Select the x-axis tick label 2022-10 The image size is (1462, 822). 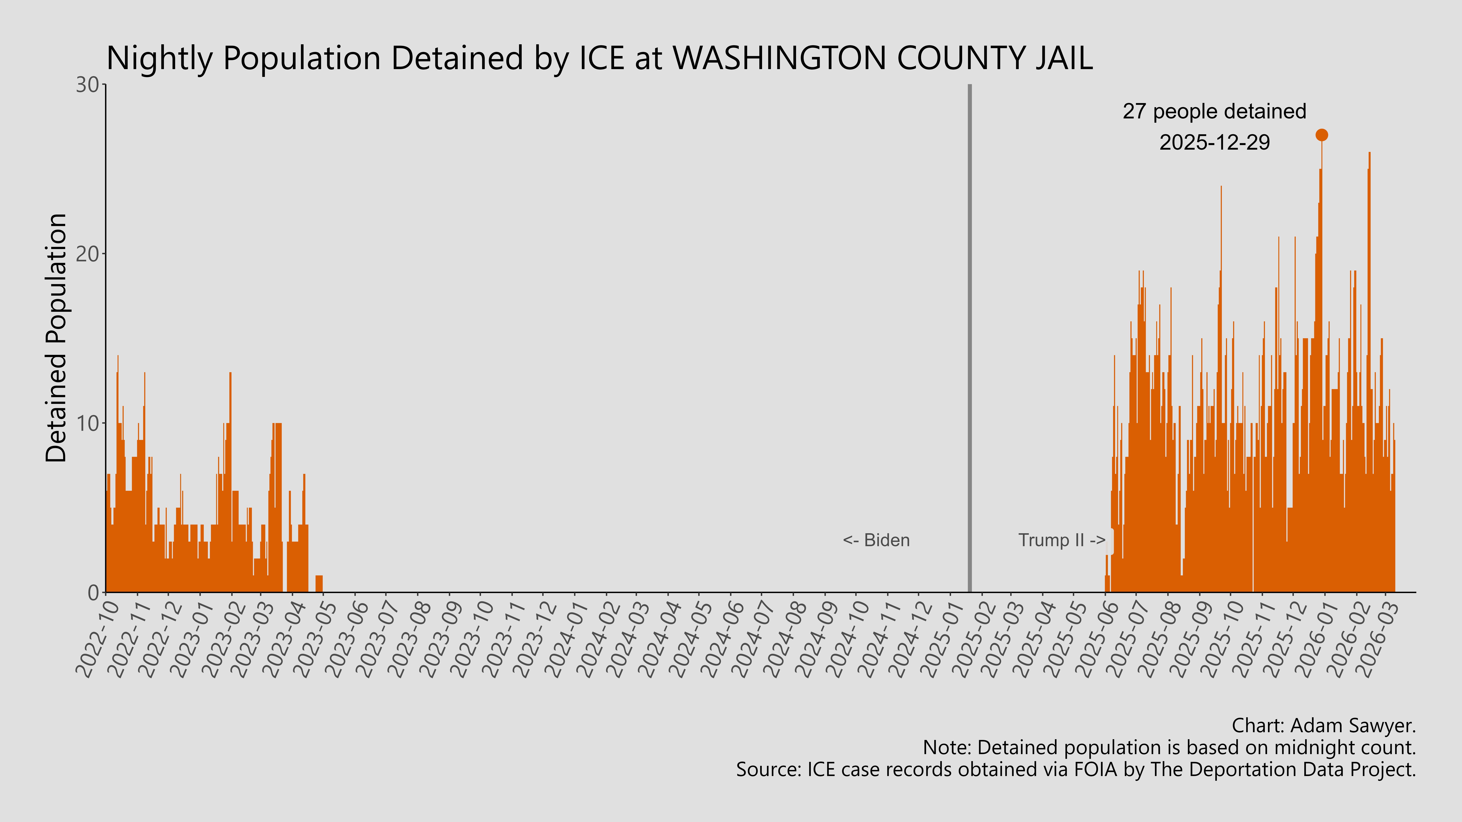[98, 638]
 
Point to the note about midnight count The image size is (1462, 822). [1169, 748]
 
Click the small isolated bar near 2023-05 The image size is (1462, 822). [319, 584]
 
